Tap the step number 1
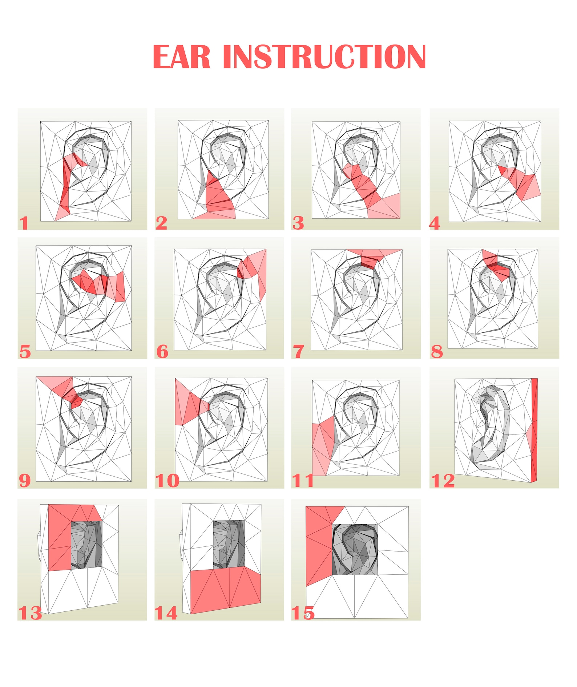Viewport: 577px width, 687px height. (24, 223)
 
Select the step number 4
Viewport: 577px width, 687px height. (435, 223)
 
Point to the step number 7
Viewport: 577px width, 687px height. (298, 352)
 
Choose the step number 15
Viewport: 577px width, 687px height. (303, 613)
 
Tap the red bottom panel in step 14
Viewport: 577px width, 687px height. (225, 589)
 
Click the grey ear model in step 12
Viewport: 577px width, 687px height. (491, 425)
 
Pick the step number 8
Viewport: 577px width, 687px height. (437, 352)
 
